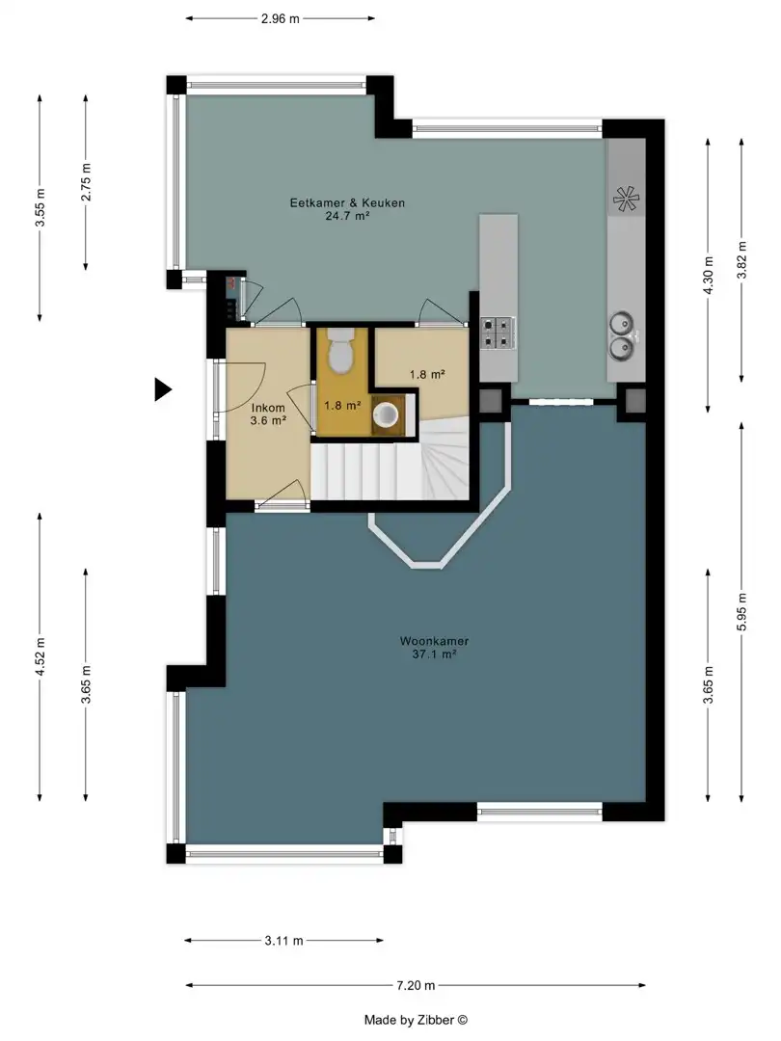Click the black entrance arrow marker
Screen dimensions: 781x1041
tap(162, 389)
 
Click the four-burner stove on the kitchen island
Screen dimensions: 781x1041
tap(498, 333)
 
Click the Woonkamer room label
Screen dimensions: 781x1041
tap(434, 641)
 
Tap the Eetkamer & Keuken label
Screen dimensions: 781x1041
tap(347, 203)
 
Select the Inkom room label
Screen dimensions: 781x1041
tap(268, 409)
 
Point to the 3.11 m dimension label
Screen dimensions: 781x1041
tap(283, 941)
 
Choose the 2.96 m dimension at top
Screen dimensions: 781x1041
tap(281, 18)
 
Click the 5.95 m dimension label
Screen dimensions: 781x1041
tap(742, 611)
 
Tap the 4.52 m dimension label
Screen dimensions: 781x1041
tap(40, 656)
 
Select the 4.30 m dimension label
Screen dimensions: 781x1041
tap(709, 276)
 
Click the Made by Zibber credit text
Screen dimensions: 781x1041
tap(416, 1021)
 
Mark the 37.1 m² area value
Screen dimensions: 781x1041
tap(434, 654)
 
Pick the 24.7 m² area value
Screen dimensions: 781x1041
tap(347, 216)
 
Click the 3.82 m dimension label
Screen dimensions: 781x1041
tap(742, 260)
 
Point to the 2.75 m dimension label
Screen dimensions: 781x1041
tap(87, 182)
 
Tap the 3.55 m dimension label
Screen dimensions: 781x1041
tap(40, 207)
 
